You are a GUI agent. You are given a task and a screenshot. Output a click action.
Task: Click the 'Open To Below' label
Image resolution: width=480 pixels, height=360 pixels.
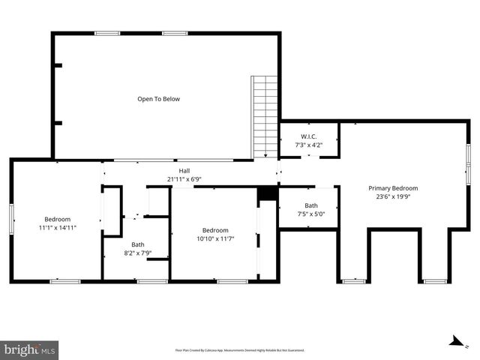pyautogui.click(x=158, y=99)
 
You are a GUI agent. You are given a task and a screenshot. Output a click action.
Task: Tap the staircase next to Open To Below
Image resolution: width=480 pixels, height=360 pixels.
pyautogui.click(x=265, y=115)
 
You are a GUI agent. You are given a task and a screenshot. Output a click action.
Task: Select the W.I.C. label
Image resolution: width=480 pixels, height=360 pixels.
pyautogui.click(x=310, y=136)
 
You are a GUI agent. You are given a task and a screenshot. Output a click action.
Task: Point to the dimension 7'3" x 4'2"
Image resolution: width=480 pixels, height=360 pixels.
pyautogui.click(x=310, y=145)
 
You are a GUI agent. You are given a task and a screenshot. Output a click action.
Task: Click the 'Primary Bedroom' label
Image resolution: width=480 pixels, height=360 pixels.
pyautogui.click(x=393, y=188)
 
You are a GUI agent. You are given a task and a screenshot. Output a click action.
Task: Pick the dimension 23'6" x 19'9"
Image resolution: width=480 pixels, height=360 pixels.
pyautogui.click(x=393, y=196)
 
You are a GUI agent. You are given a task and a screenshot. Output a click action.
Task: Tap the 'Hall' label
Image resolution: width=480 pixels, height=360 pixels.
pyautogui.click(x=184, y=171)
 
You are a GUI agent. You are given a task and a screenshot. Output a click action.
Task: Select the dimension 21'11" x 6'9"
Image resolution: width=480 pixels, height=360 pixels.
pyautogui.click(x=184, y=179)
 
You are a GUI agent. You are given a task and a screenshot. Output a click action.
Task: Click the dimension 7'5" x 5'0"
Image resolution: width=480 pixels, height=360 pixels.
pyautogui.click(x=310, y=214)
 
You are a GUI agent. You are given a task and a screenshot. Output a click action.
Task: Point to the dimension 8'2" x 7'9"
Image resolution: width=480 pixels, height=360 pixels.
pyautogui.click(x=138, y=253)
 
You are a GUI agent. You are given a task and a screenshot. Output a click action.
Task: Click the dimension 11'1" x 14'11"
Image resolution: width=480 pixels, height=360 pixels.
pyautogui.click(x=58, y=227)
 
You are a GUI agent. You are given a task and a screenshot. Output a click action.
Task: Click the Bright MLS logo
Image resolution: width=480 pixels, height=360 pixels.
pyautogui.click(x=30, y=349)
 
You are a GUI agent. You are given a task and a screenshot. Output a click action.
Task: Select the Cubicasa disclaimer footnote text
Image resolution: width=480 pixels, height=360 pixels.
pyautogui.click(x=240, y=349)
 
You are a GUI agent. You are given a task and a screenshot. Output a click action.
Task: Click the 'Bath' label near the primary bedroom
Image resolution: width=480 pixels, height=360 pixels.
pyautogui.click(x=310, y=205)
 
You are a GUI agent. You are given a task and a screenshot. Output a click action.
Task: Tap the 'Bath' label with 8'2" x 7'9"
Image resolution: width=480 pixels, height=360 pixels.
pyautogui.click(x=138, y=244)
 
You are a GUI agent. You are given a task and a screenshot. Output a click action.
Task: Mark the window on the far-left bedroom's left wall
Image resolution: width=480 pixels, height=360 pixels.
pyautogui.click(x=11, y=220)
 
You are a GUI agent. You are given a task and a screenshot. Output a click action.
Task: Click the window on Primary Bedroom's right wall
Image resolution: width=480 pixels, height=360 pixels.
pyautogui.click(x=469, y=160)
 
